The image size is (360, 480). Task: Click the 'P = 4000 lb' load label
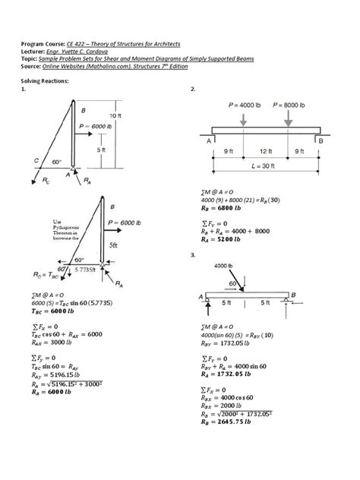[x=241, y=105]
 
